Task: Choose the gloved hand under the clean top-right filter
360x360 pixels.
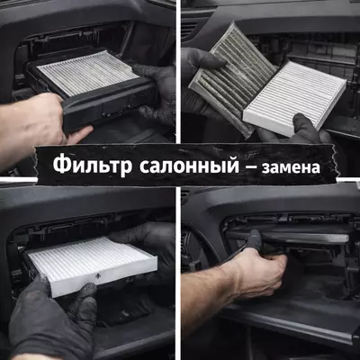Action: click(x=306, y=130)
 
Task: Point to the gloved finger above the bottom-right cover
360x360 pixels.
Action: click(x=254, y=239)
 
